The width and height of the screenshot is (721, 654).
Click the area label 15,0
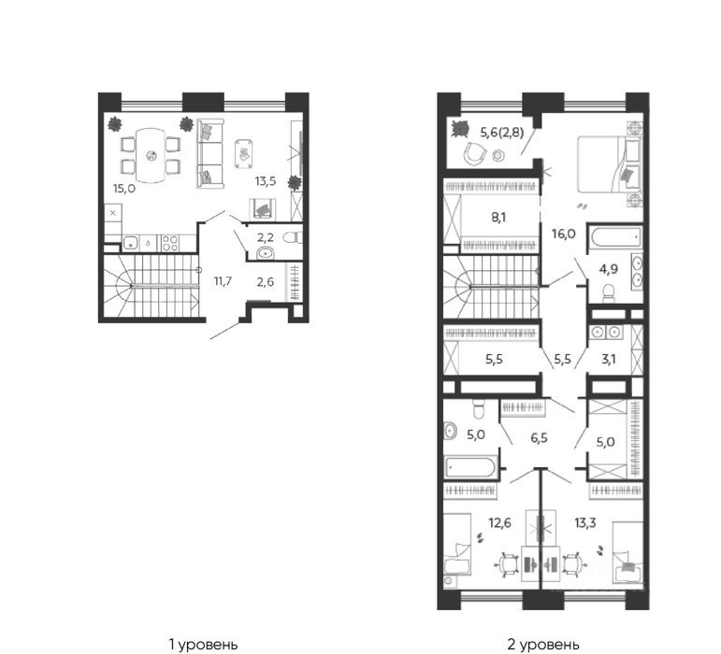[124, 188]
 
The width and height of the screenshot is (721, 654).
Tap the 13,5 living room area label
[266, 181]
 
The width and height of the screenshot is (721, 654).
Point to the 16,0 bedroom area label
[563, 234]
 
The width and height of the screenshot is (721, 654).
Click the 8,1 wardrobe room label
[498, 217]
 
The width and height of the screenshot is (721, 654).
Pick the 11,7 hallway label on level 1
[223, 281]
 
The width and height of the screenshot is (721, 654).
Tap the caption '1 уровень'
[204, 644]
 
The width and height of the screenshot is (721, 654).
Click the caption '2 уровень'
[543, 644]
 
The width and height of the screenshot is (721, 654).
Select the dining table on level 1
[151, 155]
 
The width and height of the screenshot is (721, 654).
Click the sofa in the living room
[209, 153]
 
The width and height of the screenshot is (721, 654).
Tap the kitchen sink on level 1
[131, 243]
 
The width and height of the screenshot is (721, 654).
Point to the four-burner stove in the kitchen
[169, 243]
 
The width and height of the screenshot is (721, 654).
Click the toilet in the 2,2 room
[293, 237]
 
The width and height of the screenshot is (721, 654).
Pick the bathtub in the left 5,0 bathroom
[470, 468]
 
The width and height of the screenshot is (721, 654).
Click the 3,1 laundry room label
[609, 359]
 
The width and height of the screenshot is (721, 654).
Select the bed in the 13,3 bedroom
[627, 552]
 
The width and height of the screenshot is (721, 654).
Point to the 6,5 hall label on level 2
[539, 437]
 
